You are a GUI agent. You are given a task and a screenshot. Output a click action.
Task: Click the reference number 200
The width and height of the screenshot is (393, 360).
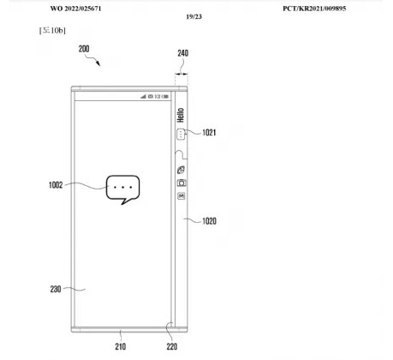[x=84, y=49]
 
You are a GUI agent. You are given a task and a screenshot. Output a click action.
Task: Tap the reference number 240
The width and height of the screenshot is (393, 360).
[x=182, y=53]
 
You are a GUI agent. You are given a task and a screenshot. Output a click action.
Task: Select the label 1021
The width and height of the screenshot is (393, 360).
[x=209, y=133]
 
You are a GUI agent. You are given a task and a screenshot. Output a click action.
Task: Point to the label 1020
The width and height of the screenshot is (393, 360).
[x=209, y=221]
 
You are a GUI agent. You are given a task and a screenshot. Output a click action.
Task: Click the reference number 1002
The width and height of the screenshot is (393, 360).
[x=56, y=185]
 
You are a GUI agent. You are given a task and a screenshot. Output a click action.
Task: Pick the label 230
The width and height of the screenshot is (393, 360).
[x=56, y=289]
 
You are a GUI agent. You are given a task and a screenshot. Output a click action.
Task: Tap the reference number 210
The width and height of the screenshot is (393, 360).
[x=121, y=346]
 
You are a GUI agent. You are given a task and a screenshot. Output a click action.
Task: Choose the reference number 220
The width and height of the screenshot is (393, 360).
[x=172, y=346]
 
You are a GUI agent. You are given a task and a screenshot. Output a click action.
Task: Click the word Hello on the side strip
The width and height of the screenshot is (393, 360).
[x=181, y=115]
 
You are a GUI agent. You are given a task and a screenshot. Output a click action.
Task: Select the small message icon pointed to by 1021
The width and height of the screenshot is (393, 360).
[x=181, y=134]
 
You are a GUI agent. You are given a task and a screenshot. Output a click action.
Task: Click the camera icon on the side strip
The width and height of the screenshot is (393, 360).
[x=182, y=183]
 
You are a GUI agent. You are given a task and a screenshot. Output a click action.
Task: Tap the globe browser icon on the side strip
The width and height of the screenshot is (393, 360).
[x=181, y=170]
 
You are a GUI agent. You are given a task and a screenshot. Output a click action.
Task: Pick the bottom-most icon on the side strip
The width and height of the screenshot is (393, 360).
[x=182, y=196]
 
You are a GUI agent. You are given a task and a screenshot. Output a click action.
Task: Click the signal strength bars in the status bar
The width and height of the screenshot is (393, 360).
[x=143, y=97]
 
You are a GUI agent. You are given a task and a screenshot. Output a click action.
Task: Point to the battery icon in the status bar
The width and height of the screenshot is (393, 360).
[x=165, y=97]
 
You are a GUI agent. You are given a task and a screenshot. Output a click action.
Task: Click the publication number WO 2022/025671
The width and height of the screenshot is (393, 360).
[x=75, y=9]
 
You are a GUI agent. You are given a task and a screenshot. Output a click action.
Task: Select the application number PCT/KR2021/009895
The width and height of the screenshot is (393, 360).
[x=314, y=9]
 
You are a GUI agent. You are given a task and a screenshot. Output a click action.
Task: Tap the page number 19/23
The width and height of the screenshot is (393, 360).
[x=194, y=17]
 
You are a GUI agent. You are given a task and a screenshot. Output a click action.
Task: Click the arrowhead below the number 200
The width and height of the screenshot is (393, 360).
[x=98, y=63]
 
